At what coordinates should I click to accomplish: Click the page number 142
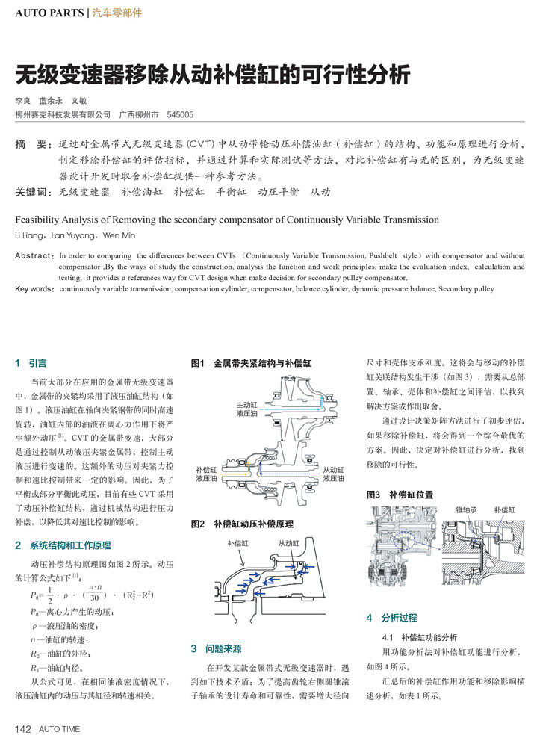pos(22,729)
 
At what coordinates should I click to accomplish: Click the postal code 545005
pos(180,115)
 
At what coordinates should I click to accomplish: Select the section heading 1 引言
pos(31,363)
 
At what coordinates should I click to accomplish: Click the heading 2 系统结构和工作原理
pos(63,546)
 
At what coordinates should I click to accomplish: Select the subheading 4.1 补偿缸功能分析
pos(419,638)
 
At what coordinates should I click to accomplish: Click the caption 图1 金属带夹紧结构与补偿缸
pos(251,363)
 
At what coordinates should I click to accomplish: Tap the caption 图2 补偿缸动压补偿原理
pos(242,524)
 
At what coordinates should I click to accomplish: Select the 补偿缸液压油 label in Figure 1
pos(206,474)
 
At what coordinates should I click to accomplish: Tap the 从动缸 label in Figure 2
pos(288,543)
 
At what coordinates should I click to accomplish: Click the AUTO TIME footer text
pos(59,729)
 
